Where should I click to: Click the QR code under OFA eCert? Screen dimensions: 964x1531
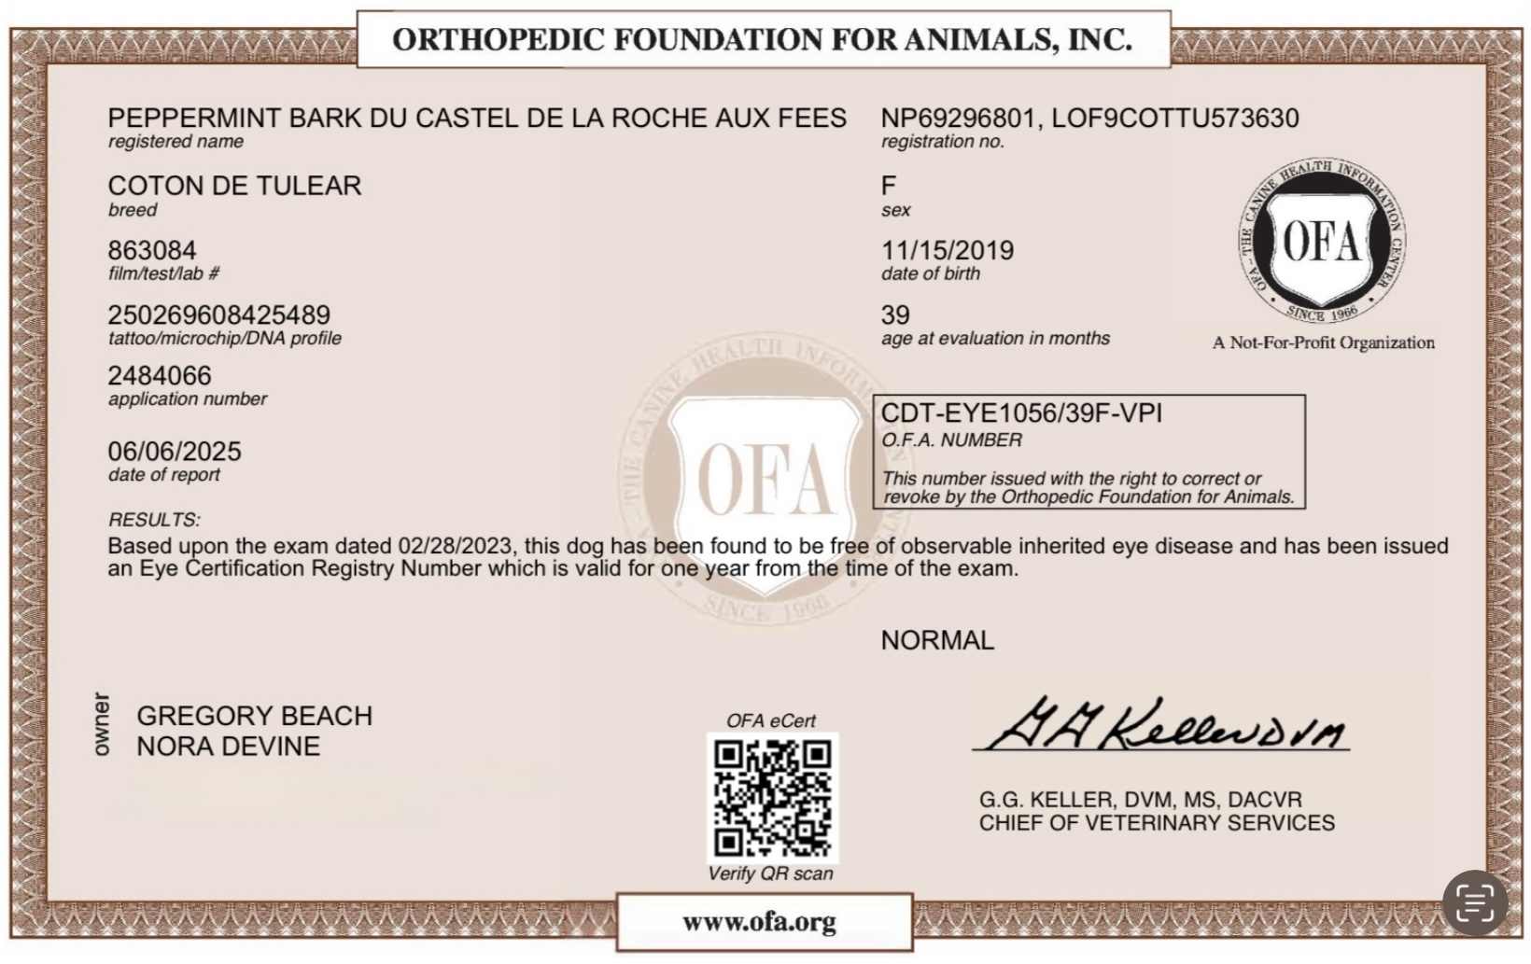[x=772, y=798]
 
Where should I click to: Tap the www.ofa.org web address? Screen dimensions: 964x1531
[x=759, y=922]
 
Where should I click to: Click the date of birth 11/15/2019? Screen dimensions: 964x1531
[x=947, y=251]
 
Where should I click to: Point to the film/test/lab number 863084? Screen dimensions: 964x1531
[x=152, y=251]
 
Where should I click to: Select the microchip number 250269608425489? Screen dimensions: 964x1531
[x=218, y=315]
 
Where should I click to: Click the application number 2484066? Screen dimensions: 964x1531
[x=160, y=376]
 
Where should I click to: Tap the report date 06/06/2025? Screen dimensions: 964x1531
[x=175, y=452]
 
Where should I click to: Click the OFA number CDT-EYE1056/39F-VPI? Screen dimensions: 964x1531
[x=1021, y=413]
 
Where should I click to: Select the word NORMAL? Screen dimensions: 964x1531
[x=937, y=641]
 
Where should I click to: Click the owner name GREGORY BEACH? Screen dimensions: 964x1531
[x=254, y=716]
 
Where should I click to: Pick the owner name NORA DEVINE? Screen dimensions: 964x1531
[x=228, y=747]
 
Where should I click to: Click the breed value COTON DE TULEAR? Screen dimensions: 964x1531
[x=234, y=186]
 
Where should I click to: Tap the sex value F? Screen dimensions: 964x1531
[x=889, y=186]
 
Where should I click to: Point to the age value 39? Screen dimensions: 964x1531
[x=895, y=315]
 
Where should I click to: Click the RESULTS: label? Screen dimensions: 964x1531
[x=154, y=520]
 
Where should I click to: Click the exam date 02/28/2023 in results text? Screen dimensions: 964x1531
[x=457, y=546]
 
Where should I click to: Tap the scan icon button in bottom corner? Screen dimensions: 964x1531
[x=1475, y=902]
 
